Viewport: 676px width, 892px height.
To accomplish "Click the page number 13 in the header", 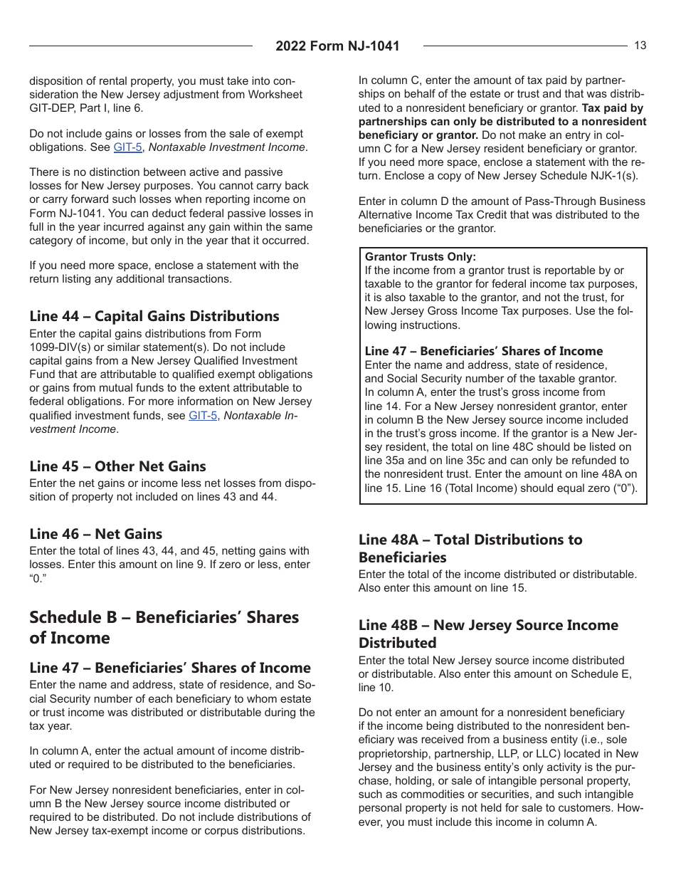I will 640,46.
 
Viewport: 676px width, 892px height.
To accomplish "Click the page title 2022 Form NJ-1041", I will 337,46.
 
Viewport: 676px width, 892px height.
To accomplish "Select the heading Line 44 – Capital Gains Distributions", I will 154,316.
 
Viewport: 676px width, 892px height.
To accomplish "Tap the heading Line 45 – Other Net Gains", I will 117,466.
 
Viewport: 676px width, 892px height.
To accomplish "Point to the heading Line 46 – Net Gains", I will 95,534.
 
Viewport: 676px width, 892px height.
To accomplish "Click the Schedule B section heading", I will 164,627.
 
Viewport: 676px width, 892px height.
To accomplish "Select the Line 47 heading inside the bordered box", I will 483,351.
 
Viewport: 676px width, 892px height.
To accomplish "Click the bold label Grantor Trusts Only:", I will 420,257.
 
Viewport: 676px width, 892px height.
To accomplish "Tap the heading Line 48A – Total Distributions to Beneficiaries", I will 470,548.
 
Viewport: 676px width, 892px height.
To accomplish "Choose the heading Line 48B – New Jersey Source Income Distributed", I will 488,634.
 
